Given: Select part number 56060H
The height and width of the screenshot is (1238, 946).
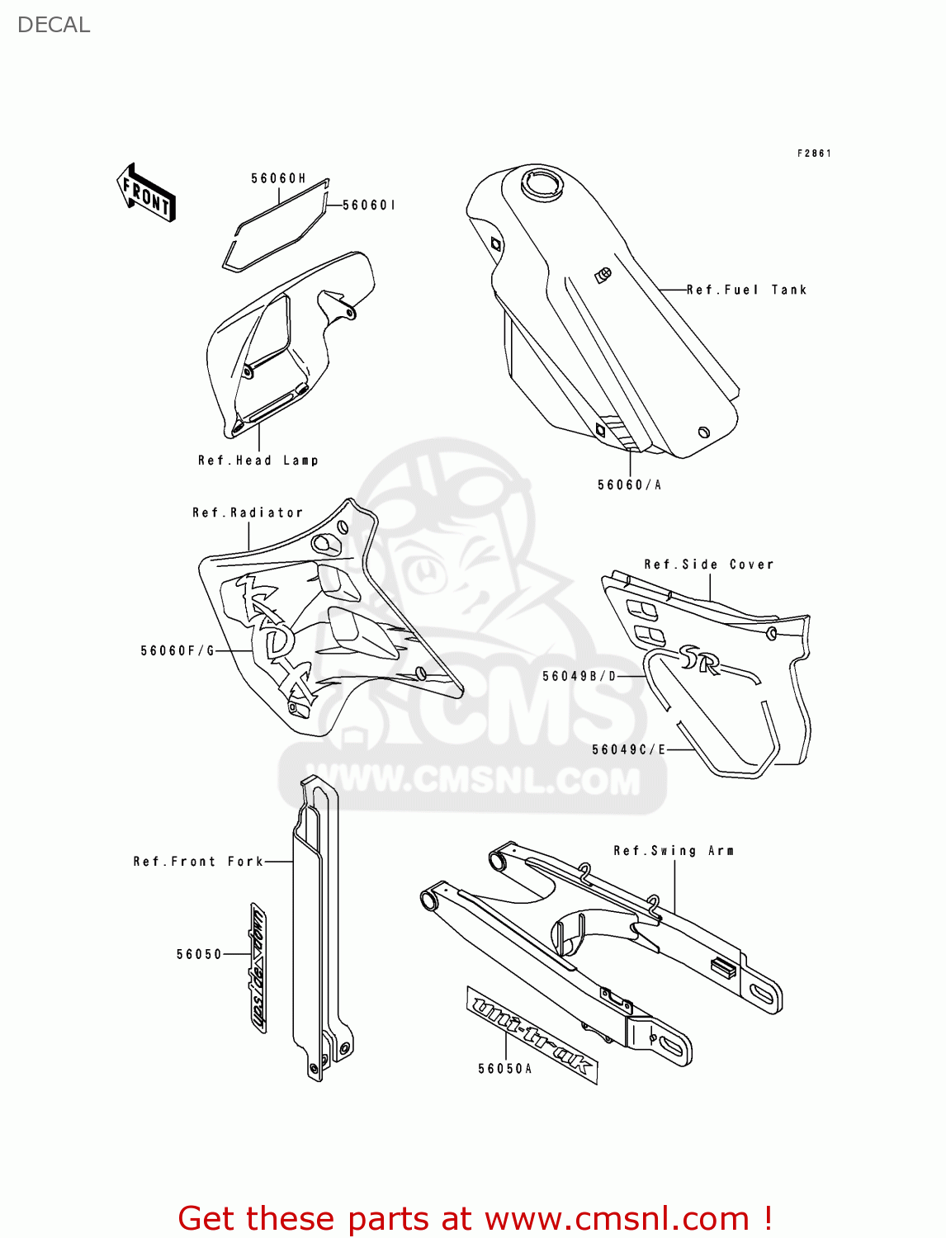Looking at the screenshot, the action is [x=278, y=178].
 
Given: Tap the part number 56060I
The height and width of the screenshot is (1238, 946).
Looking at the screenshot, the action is [x=368, y=205].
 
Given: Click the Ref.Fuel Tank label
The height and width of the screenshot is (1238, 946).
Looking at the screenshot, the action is [x=746, y=290].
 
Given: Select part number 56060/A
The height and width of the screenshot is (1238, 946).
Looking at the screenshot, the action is [x=629, y=485].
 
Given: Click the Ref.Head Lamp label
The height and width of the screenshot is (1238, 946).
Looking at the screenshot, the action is [x=258, y=461].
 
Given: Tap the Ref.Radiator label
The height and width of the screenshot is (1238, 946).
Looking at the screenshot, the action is [x=248, y=513].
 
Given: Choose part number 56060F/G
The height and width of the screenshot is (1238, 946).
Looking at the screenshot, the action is [x=177, y=651].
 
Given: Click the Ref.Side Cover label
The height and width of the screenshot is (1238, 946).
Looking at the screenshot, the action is [x=709, y=565].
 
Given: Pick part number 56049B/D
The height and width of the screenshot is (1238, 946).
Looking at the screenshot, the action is [x=579, y=677].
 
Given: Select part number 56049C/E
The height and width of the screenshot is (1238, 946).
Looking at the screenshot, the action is [x=628, y=749].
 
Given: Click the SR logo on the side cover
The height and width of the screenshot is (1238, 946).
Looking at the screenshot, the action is [x=699, y=659].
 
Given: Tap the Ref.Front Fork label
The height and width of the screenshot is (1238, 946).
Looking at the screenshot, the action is [x=198, y=862].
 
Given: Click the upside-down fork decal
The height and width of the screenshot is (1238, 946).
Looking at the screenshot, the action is [x=258, y=967].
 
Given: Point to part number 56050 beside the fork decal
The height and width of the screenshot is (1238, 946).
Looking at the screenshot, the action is [x=199, y=954].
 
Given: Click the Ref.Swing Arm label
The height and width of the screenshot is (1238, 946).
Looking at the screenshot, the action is [x=674, y=851].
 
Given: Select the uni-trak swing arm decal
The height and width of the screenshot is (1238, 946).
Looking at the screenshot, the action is [x=531, y=1034].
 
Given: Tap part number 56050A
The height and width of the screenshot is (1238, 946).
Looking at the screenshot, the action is [x=504, y=1069].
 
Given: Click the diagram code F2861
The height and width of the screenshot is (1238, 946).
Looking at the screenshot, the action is [x=814, y=154].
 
